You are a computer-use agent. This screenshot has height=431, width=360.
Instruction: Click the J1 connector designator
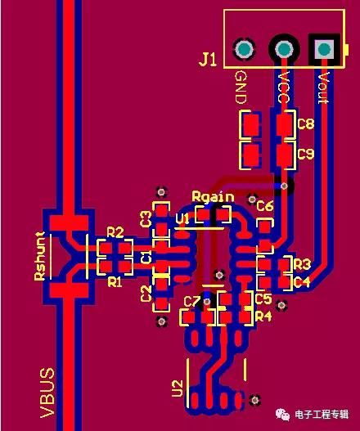pos(208,60)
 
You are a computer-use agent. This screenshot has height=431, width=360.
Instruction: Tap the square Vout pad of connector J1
pos(324,49)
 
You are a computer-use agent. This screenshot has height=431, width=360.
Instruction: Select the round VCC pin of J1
pos(284,49)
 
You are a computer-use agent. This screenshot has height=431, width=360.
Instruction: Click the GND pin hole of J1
pos(244,49)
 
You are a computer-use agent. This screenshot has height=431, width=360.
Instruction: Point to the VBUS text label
pos(47,393)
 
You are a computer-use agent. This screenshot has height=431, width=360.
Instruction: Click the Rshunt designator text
pos(40,256)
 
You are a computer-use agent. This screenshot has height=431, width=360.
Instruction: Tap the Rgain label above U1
pos(214,196)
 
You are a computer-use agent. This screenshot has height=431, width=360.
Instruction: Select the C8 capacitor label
pos(306,123)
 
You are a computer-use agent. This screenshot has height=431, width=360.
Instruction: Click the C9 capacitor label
pos(306,154)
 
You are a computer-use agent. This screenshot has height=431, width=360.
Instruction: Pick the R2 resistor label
pos(115,232)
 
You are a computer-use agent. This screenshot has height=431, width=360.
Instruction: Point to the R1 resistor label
pos(115,281)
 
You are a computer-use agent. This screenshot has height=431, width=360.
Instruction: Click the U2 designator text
pos(178,388)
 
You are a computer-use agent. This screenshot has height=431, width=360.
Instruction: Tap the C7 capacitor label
pos(192,302)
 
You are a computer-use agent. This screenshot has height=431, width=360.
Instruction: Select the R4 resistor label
pos(263,317)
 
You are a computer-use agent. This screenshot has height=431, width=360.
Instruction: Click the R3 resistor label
pos(302,264)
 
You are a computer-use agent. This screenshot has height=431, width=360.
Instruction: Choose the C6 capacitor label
pos(265,205)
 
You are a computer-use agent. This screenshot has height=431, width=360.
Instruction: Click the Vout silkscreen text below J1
pos(324,88)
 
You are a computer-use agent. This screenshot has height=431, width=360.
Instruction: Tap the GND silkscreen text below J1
pos(241,88)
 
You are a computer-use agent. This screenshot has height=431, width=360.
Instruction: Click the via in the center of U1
pos(219,275)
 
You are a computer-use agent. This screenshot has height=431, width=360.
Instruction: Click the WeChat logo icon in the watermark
pos(283,414)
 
